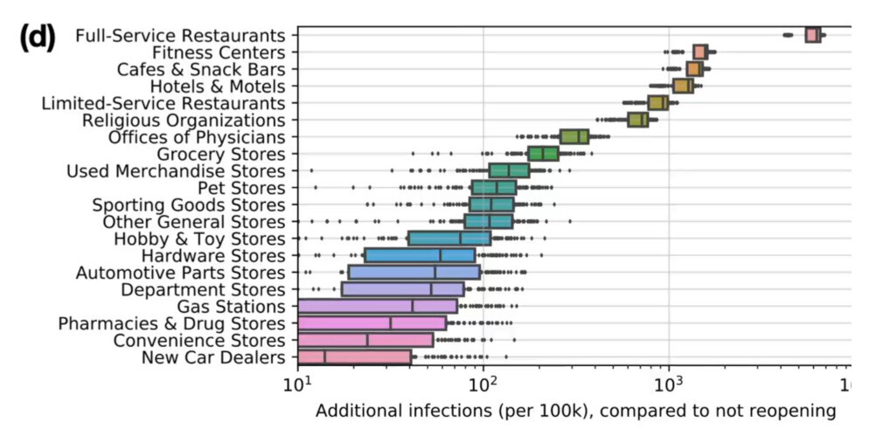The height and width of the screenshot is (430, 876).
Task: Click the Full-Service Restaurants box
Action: tap(813, 35)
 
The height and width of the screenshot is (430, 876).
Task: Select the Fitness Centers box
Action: tap(700, 52)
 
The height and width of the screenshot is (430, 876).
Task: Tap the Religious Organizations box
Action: tap(638, 120)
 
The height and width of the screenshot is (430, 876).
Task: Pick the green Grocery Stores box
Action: tap(543, 154)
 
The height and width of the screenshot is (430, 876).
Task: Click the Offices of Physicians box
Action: tap(574, 136)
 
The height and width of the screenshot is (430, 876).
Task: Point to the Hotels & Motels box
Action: tap(683, 86)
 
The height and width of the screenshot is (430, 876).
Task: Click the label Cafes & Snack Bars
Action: tap(201, 69)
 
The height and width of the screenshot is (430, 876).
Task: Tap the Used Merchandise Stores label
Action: tap(176, 170)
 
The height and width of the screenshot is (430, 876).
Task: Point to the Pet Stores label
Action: tap(242, 188)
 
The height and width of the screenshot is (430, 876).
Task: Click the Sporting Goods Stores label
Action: tap(189, 205)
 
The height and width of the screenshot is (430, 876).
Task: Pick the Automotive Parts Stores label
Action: tap(181, 273)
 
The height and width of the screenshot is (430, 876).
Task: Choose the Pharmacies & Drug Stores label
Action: tap(171, 323)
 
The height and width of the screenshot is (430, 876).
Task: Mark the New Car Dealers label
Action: tap(213, 357)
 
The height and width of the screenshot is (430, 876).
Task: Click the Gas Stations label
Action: tap(231, 307)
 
